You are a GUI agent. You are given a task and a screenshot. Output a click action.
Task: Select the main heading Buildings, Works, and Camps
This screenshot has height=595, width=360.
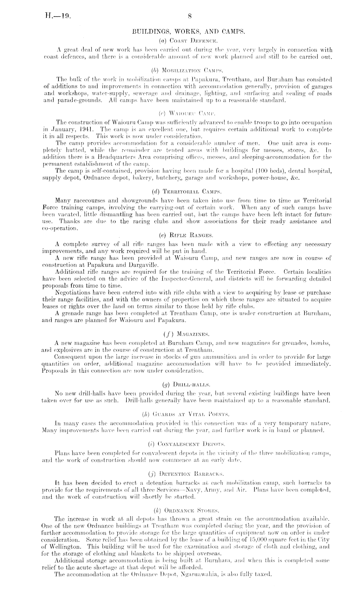click(x=189, y=32)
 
